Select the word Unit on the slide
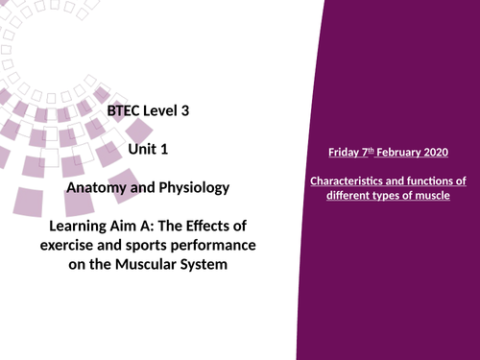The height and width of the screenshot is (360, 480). coord(142,149)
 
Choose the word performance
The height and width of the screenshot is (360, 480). coord(224,245)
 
